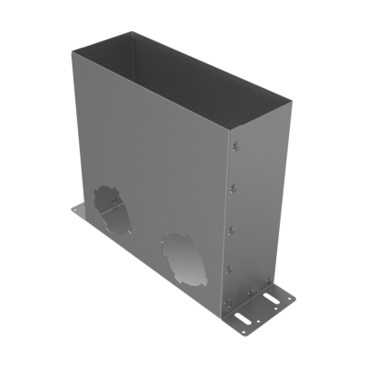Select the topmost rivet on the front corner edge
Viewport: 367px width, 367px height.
pyautogui.click(x=235, y=146)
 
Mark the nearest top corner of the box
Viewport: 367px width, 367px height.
pyautogui.click(x=227, y=128)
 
